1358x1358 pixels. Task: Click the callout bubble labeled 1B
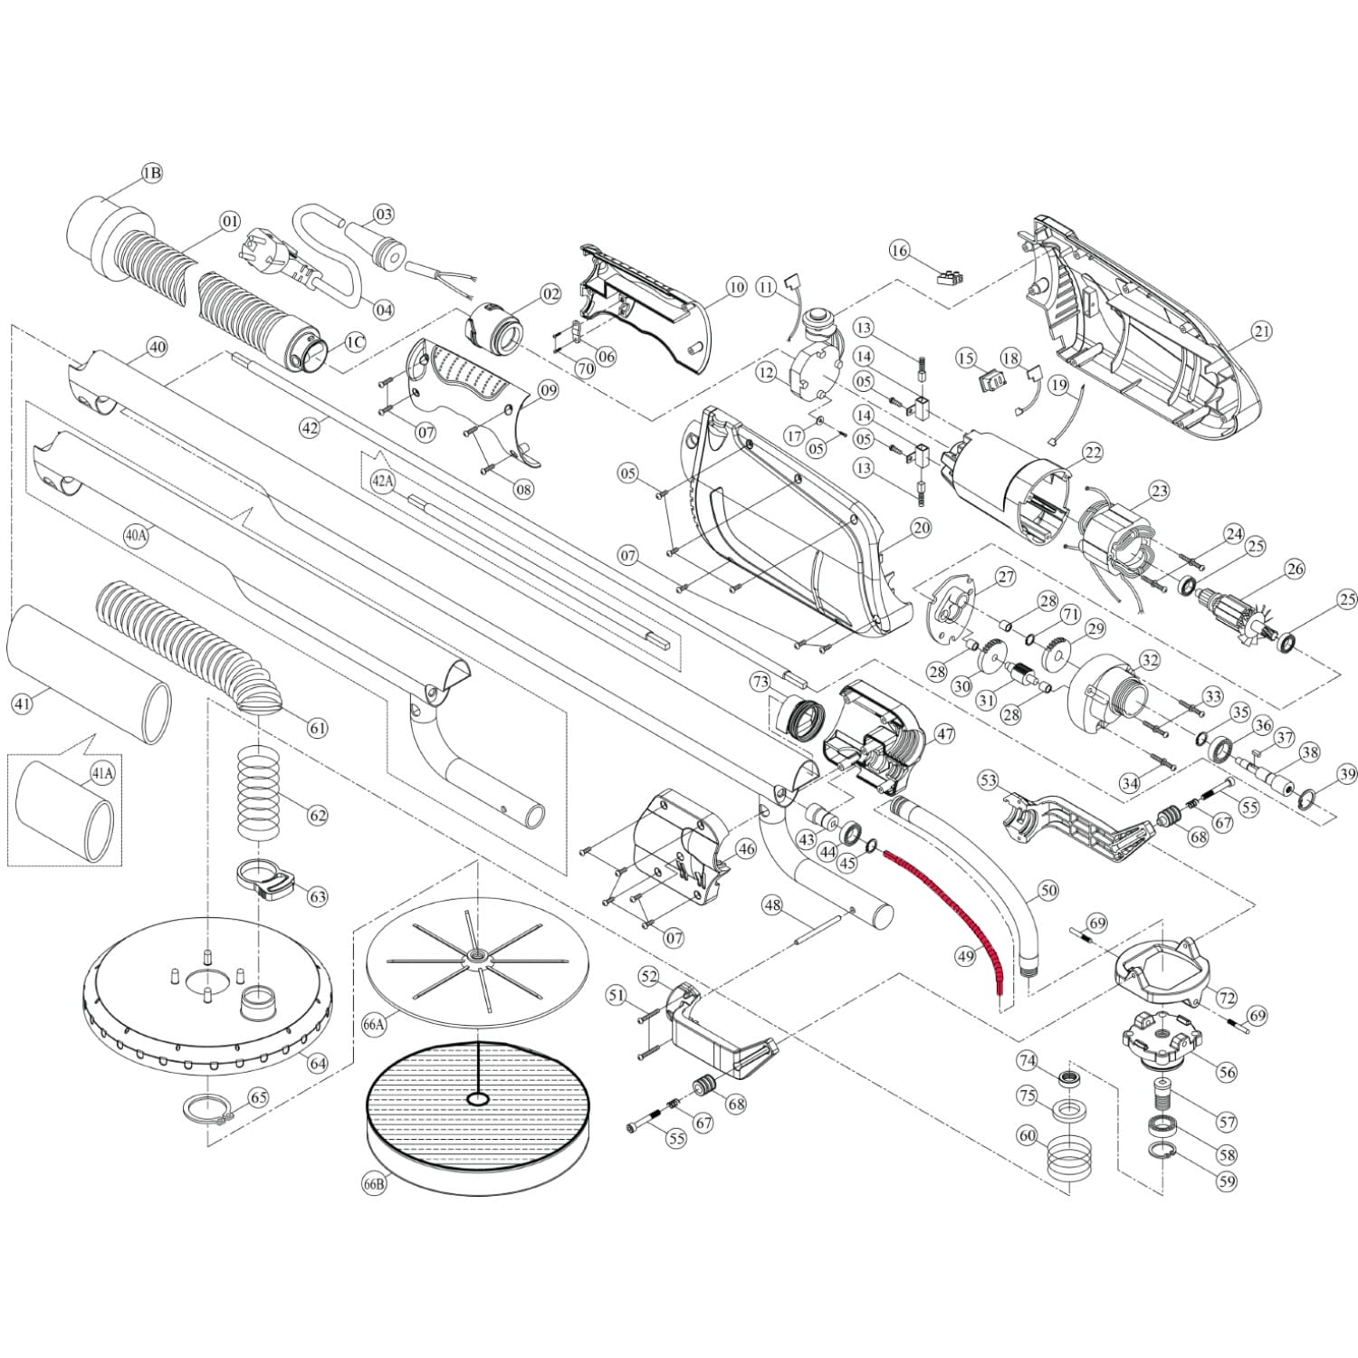[151, 172]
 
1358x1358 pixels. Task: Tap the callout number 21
[1262, 331]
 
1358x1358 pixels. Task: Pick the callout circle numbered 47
[944, 734]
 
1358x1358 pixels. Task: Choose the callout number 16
[899, 249]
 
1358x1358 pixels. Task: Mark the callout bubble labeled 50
[1047, 891]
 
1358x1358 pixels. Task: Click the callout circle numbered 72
[1227, 999]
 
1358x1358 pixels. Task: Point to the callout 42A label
[383, 482]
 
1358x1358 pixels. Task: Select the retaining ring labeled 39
[1304, 799]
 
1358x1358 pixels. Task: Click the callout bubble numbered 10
[736, 287]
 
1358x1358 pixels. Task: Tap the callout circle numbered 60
[1027, 1135]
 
